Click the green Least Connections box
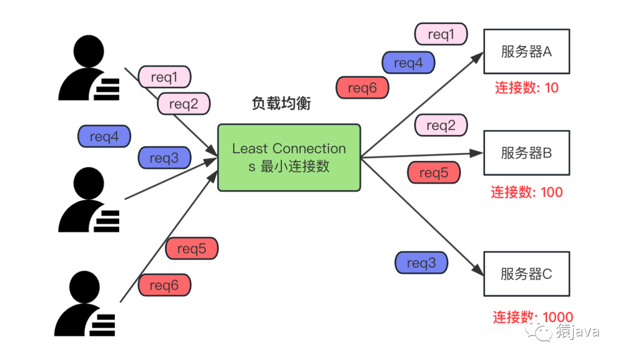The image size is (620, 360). [289, 157]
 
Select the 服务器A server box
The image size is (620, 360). [526, 52]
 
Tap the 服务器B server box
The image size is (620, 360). [526, 153]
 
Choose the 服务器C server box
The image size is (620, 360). [526, 273]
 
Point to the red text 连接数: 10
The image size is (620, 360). [526, 88]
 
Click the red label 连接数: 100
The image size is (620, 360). [526, 192]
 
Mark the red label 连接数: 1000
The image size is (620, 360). [532, 317]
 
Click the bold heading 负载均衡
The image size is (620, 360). [281, 103]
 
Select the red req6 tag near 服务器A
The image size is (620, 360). [362, 88]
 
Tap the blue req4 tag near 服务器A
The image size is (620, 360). [408, 63]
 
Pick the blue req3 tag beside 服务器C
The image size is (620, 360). [421, 263]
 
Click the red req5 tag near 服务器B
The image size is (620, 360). [433, 173]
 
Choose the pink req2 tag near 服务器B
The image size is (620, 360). [440, 125]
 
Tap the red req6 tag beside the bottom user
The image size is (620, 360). [164, 285]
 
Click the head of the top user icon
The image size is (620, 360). [89, 49]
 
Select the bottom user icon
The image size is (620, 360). [86, 304]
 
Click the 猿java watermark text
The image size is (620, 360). [576, 331]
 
